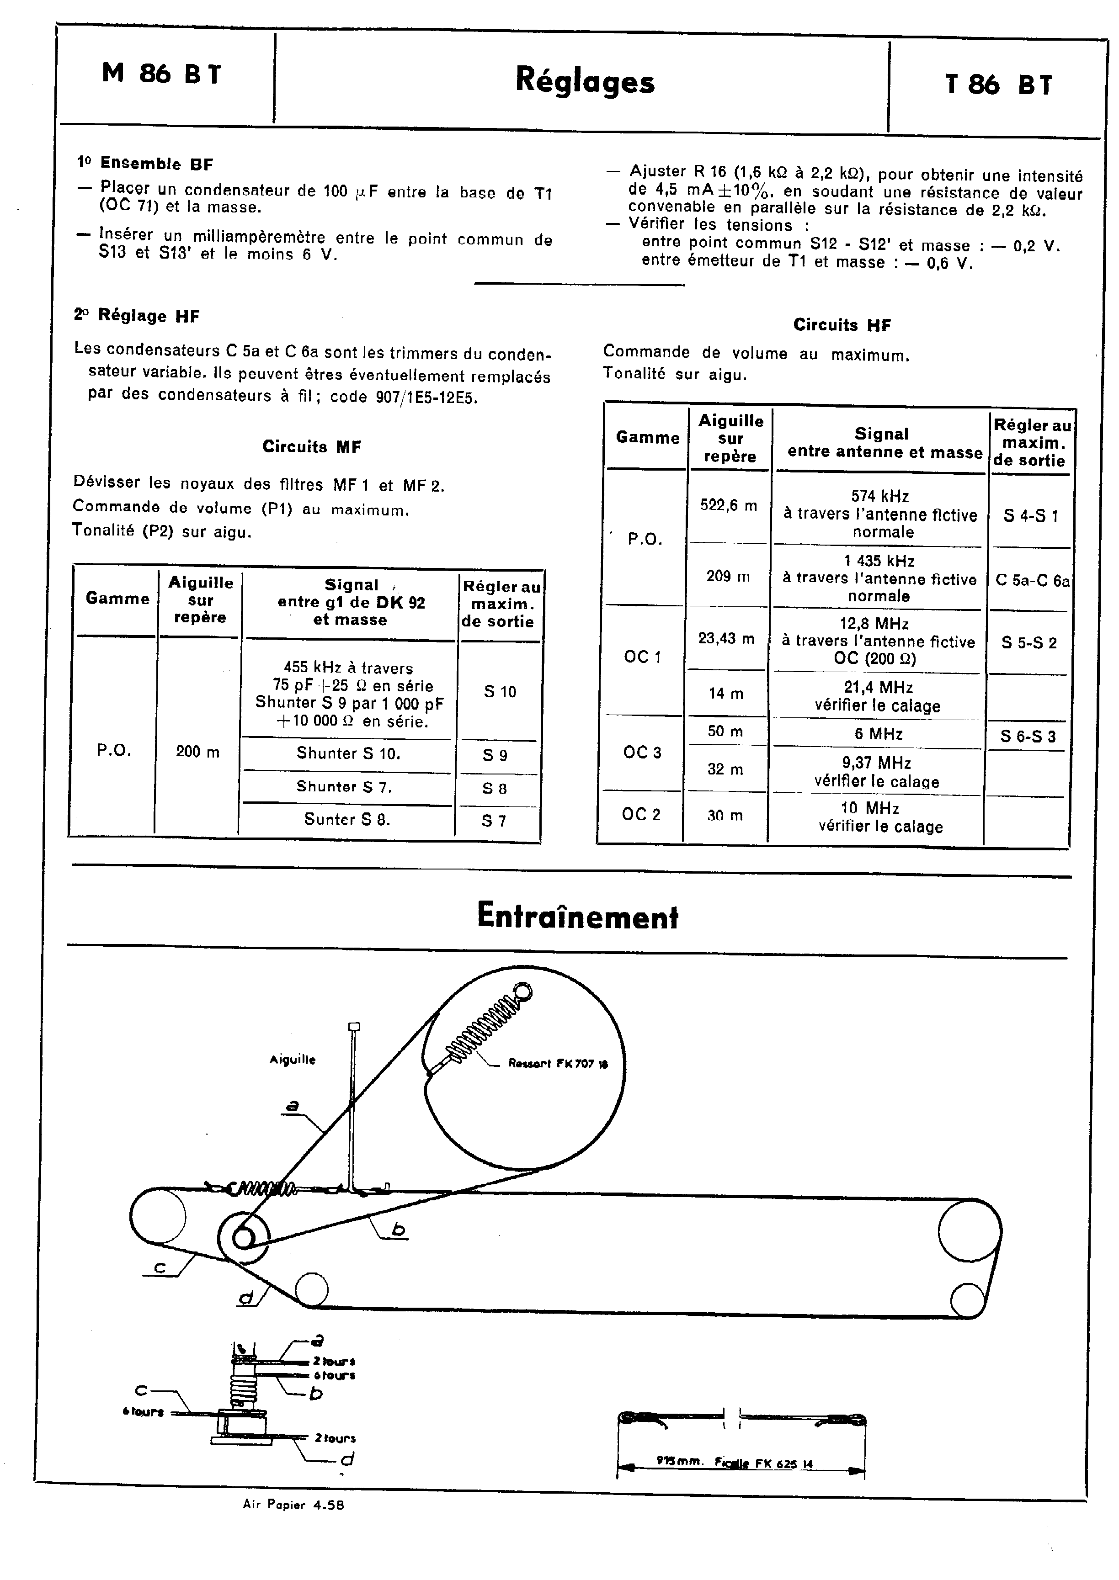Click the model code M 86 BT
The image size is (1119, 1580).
coord(162,73)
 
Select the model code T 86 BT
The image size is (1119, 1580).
coord(998,85)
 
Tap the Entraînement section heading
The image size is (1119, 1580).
coord(577,917)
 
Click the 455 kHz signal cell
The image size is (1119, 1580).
coord(349,694)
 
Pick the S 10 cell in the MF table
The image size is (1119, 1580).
coord(500,691)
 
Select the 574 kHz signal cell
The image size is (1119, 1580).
coord(880,514)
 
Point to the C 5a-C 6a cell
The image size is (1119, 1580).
coord(1032,581)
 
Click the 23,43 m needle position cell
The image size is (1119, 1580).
coord(726,638)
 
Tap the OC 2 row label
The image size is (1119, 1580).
coord(641,814)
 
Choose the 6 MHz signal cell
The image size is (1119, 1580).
coord(879,733)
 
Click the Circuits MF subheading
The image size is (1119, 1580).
coord(311,446)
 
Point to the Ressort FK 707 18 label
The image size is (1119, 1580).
coord(558,1063)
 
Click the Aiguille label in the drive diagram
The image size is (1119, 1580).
coord(292,1060)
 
